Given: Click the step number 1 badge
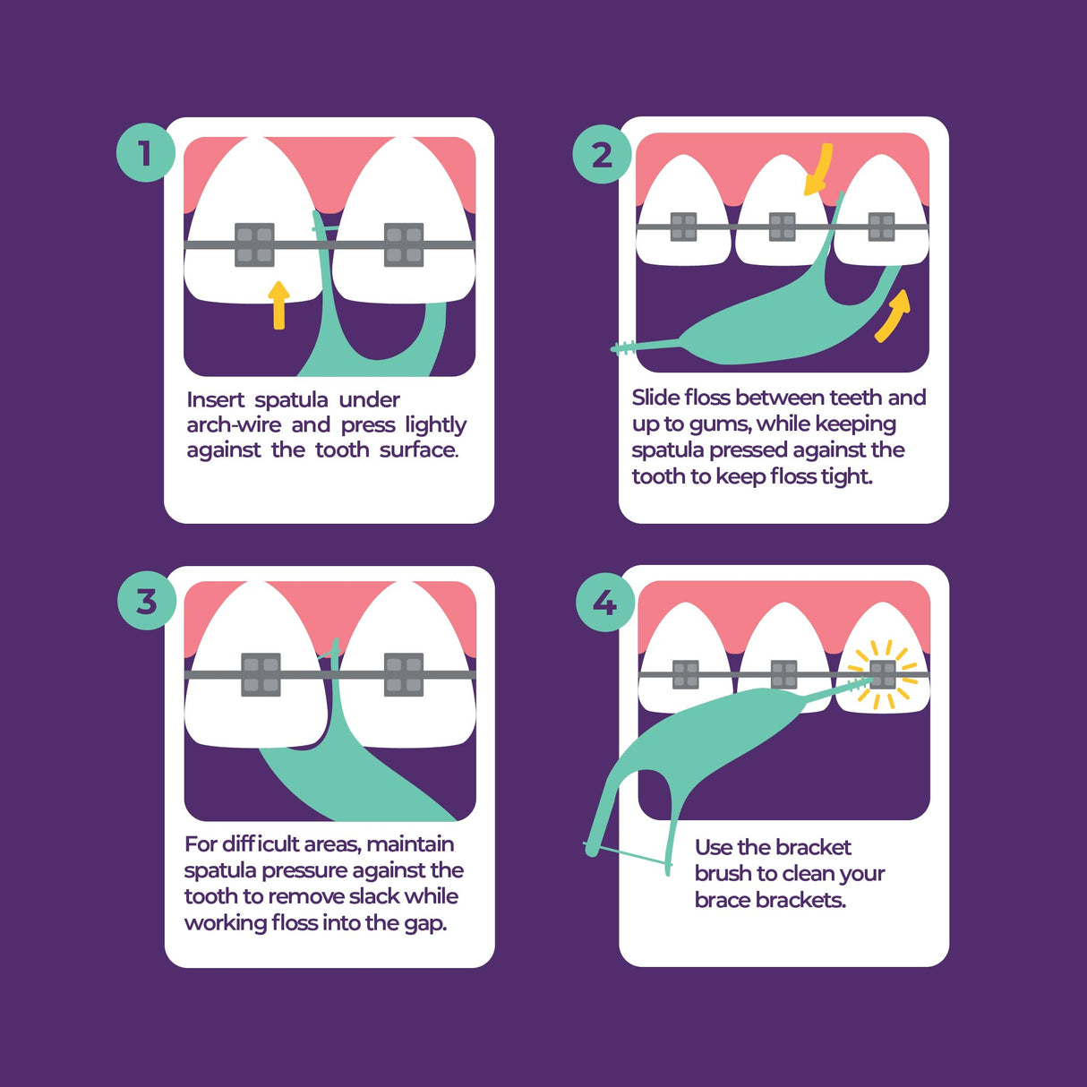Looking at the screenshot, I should (x=144, y=153).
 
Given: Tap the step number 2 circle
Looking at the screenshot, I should (x=602, y=155).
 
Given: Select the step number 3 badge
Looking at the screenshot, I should (x=146, y=601).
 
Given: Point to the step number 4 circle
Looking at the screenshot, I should (x=604, y=603).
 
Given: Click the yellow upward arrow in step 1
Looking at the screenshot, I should (x=278, y=304).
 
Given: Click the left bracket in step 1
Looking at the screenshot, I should (x=254, y=244).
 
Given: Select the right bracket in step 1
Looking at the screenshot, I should (x=404, y=244).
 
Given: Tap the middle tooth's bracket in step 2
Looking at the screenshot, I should (x=782, y=227).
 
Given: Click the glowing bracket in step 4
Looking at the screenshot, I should (x=883, y=674).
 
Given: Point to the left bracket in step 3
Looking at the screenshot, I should (x=261, y=674).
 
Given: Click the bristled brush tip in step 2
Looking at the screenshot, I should (x=625, y=347).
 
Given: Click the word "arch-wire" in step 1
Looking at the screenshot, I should (x=234, y=424).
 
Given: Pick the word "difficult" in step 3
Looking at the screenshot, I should (x=261, y=844).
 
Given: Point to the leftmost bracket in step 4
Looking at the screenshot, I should (x=686, y=674).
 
